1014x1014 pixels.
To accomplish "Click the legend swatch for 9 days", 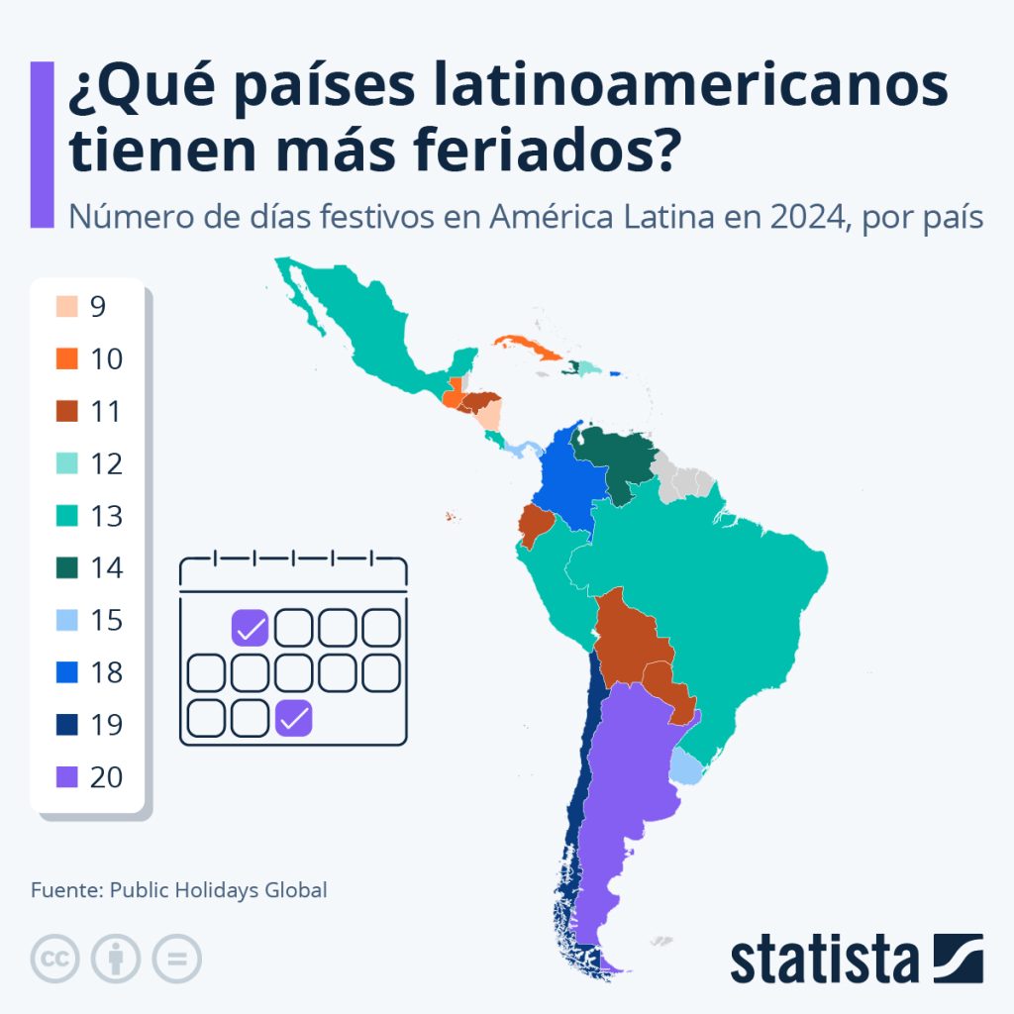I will tap(66, 307).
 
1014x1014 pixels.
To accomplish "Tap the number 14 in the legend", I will tap(106, 568).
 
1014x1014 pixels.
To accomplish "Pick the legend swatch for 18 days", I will tap(66, 673).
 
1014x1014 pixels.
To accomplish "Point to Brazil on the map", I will tap(713, 594).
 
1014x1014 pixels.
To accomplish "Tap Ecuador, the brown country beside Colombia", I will tap(535, 525).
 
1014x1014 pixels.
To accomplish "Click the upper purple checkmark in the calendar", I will tap(251, 628).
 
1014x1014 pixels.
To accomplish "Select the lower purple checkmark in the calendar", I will tap(294, 718).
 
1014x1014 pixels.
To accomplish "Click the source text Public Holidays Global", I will tap(218, 889).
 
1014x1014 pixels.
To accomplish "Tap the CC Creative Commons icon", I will tap(55, 959).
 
